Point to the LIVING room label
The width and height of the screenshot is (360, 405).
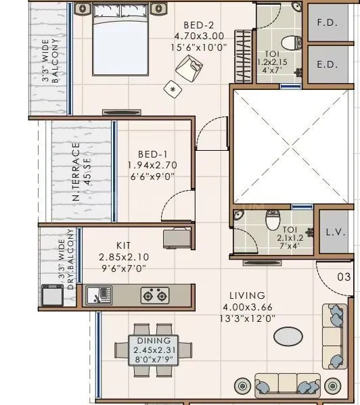pos(246,296)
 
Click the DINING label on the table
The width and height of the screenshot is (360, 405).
pos(154,341)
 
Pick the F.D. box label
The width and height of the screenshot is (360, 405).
pos(328,22)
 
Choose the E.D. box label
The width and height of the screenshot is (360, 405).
pos(328,66)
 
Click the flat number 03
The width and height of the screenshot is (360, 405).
pos(344,277)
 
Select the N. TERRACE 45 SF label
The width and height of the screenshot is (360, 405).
pos(81,172)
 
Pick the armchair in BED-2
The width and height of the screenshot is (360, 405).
pos(189,66)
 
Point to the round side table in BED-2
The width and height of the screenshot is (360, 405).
pos(173,88)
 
